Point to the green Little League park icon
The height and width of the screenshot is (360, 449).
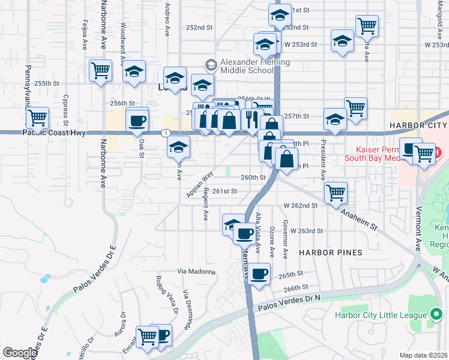coord(436,315)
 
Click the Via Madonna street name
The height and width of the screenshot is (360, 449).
coord(196,271)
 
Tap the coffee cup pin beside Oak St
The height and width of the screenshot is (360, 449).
coord(137,121)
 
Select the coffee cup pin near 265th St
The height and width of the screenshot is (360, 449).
coord(259,274)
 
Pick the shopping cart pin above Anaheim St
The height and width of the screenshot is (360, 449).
coord(336,193)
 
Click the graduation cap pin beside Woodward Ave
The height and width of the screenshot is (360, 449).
coord(134,71)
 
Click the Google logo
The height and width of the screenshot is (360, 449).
coord(19,353)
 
